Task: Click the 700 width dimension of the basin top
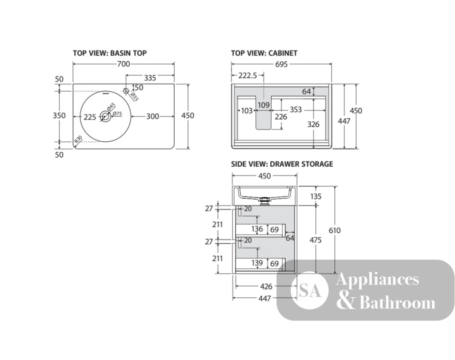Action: click(x=124, y=64)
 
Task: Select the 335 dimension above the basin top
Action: click(x=150, y=78)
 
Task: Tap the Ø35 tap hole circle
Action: click(x=126, y=91)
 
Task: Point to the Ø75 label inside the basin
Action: click(x=117, y=114)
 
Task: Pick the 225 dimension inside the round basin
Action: click(x=90, y=117)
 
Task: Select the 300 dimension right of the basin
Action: click(x=152, y=116)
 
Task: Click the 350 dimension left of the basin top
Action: click(x=59, y=115)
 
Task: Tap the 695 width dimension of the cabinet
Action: click(x=282, y=64)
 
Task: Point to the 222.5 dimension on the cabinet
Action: click(x=248, y=75)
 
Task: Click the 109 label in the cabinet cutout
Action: click(x=264, y=105)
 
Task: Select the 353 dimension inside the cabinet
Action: click(x=296, y=110)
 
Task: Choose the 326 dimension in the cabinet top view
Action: click(x=313, y=124)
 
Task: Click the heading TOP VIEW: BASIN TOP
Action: click(x=110, y=53)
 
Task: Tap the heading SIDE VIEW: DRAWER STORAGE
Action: click(x=282, y=164)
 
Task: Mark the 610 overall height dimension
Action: click(x=334, y=230)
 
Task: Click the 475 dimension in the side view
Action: click(x=315, y=240)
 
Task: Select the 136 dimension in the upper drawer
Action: click(x=257, y=229)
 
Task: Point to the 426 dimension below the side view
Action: click(x=266, y=286)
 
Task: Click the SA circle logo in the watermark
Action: click(x=309, y=290)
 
